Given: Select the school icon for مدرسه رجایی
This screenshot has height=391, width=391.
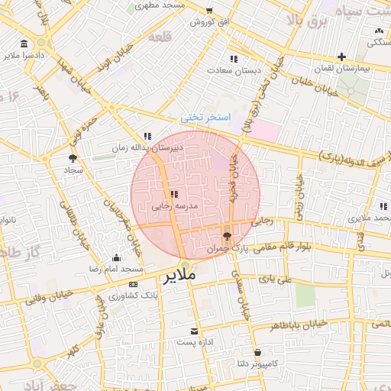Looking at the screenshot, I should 174,195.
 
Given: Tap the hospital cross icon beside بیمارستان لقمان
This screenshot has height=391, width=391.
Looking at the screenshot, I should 341,56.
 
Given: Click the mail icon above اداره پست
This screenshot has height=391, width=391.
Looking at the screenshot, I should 195,331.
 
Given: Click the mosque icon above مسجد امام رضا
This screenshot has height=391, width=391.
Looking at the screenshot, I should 116,258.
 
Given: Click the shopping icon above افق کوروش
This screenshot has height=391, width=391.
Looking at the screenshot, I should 209,11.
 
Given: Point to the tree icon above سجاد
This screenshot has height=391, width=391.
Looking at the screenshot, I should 73,159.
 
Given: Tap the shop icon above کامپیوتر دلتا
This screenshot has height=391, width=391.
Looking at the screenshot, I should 259,353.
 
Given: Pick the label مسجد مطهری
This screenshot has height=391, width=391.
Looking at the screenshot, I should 160,5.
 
